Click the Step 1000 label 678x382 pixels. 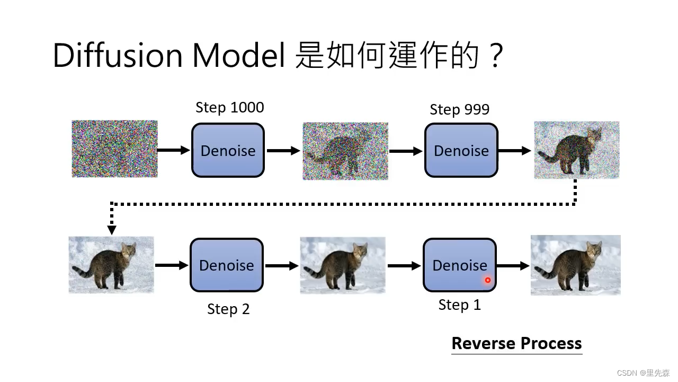pos(229,108)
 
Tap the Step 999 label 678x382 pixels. pos(459,110)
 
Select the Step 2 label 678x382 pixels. pos(228,309)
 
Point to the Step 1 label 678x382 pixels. pos(459,305)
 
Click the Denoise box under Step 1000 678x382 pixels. pos(228,150)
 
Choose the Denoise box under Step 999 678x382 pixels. pos(461,150)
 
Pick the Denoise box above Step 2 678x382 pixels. pos(226,265)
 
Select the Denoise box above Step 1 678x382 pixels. pos(459,265)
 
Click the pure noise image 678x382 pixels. pos(114,149)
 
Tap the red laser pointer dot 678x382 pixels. pos(488,280)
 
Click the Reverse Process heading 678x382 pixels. pos(516,344)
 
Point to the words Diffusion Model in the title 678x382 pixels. pos(169,55)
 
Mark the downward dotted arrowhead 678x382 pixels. pos(111,230)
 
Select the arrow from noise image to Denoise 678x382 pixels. pos(174,150)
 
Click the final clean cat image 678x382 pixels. pos(575,265)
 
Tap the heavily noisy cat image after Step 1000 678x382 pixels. pos(345,151)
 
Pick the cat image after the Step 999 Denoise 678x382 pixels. pos(576,150)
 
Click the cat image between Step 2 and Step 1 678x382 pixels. pos(343,265)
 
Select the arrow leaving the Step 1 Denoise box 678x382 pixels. pos(513,266)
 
